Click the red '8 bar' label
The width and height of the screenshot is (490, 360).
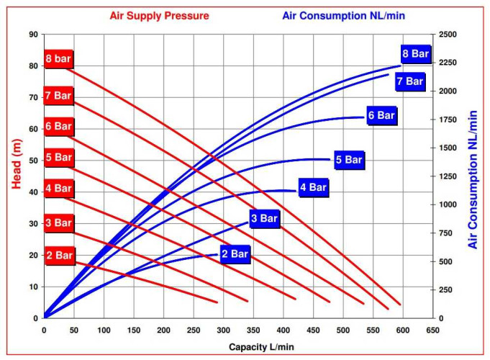click(58, 58)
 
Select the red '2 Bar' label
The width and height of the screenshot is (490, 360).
click(59, 255)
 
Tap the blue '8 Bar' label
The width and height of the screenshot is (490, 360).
click(415, 54)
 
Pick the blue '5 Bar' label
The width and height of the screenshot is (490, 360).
click(349, 160)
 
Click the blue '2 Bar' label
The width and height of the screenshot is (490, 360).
click(235, 254)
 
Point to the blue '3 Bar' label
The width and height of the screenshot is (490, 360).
click(264, 218)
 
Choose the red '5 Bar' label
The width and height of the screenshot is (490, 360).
click(58, 157)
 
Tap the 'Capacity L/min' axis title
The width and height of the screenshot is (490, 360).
click(261, 347)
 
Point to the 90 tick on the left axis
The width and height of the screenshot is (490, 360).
click(33, 34)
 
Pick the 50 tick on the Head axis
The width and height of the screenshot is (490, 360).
click(33, 161)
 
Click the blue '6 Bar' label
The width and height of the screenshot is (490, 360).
click(381, 115)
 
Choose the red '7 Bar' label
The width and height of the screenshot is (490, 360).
click(58, 94)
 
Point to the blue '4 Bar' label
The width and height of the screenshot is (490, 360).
click(313, 188)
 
